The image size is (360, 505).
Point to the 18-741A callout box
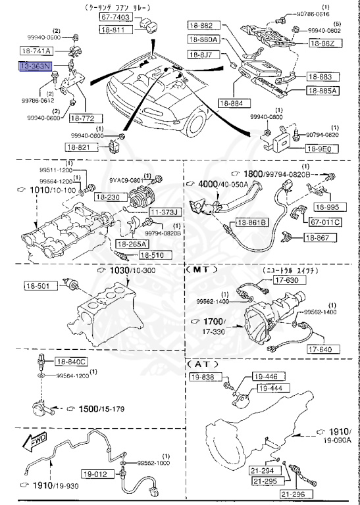[x=36, y=50]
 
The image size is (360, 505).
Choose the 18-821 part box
[x=86, y=149]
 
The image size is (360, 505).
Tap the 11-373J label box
[x=163, y=212]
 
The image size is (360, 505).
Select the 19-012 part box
[x=95, y=473]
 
